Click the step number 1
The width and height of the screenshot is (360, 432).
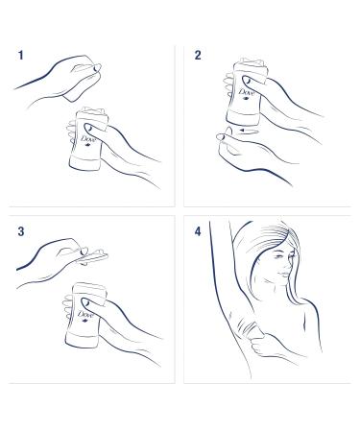[x=21, y=56]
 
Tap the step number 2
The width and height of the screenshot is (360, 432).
[x=198, y=56]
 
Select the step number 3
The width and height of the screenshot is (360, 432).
[x=21, y=232]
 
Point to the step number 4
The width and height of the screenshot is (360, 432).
[x=199, y=232]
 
